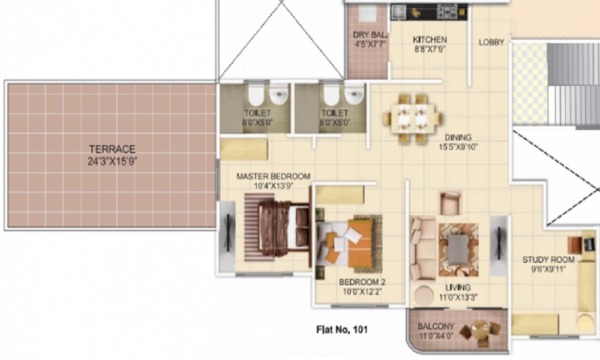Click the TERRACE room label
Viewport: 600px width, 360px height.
click(x=112, y=149)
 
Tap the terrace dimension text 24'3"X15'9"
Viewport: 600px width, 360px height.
click(x=112, y=160)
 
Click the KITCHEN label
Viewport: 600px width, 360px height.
click(x=430, y=40)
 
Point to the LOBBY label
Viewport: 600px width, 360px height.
click(x=491, y=42)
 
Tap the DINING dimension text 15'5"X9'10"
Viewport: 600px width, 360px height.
click(x=458, y=146)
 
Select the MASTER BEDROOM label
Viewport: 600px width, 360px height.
click(x=273, y=176)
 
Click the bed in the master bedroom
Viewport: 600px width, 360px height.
click(x=280, y=229)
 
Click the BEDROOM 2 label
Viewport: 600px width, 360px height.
click(x=361, y=282)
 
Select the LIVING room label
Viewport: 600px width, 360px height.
click(x=458, y=287)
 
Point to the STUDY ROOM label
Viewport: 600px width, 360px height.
click(x=548, y=260)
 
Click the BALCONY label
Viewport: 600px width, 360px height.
click(x=436, y=327)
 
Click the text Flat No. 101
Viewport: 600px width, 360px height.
click(x=341, y=329)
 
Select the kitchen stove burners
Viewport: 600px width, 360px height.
click(x=446, y=11)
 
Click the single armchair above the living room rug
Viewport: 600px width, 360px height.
click(x=450, y=203)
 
